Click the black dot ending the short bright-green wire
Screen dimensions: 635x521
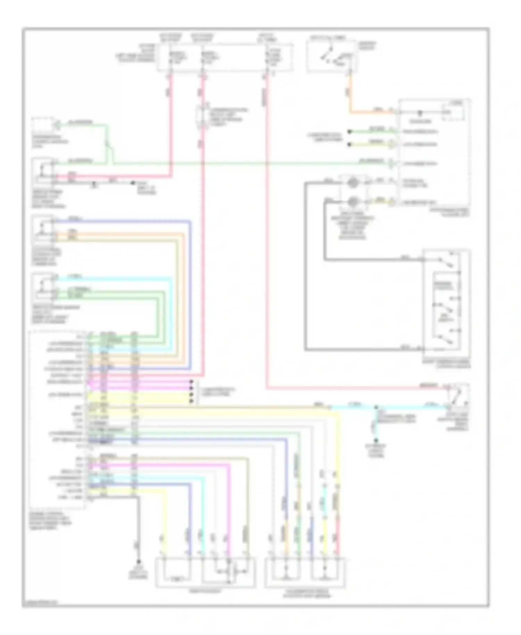[349, 132]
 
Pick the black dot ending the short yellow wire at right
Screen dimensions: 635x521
[349, 144]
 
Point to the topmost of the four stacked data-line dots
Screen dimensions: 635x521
[191, 382]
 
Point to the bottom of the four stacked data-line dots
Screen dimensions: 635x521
[191, 401]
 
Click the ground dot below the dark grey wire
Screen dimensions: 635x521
[138, 562]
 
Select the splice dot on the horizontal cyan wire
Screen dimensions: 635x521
[376, 407]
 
